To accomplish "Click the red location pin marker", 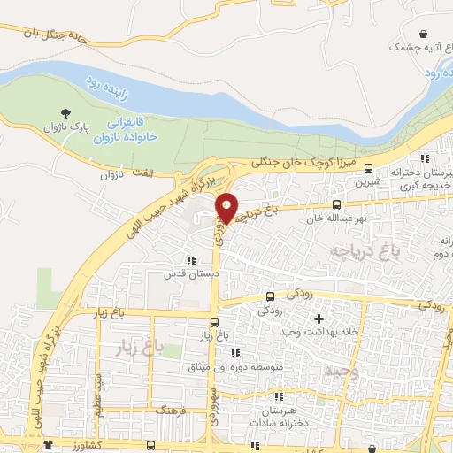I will [228, 208].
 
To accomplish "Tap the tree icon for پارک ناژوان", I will [66, 112].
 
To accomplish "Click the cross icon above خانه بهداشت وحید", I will [319, 318].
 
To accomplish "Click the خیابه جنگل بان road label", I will [73, 33].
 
